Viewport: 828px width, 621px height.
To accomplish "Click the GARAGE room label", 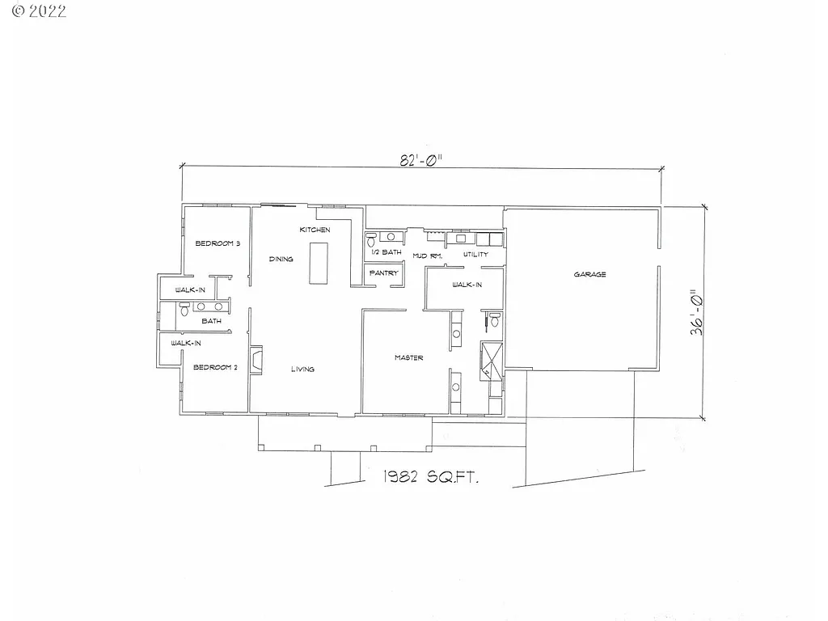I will (589, 275).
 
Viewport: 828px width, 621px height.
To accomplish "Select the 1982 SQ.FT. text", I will (430, 478).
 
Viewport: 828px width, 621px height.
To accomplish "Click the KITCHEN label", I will (315, 230).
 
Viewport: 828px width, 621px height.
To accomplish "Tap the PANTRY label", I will (384, 273).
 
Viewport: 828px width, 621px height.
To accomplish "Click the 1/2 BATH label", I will (387, 252).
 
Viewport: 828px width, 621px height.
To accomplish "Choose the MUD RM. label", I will (427, 256).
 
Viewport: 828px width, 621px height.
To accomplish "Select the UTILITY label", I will (475, 255).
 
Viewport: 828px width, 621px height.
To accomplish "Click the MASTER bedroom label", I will (408, 357).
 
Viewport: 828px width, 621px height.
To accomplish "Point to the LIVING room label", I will (302, 370).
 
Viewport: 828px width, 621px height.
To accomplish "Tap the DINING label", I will (281, 259).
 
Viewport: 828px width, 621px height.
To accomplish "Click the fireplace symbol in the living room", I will (256, 361).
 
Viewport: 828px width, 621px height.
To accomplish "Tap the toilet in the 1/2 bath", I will (370, 239).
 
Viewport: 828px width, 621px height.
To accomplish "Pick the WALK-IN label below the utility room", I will (467, 285).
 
